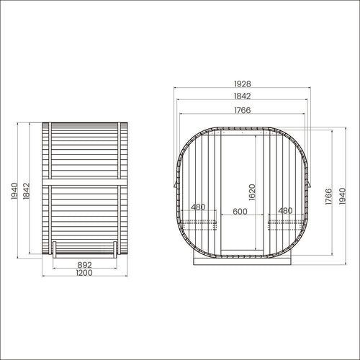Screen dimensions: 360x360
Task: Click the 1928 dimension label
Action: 243,84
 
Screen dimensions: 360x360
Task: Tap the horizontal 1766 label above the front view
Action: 243,110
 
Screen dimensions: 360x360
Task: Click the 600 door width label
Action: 240,212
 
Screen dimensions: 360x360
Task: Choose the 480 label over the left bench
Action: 198,207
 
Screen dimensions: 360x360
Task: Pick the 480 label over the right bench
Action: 285,211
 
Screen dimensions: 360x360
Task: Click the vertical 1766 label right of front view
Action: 328,197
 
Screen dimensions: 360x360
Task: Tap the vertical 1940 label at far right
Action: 343,196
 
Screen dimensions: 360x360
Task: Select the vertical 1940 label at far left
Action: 14,191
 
